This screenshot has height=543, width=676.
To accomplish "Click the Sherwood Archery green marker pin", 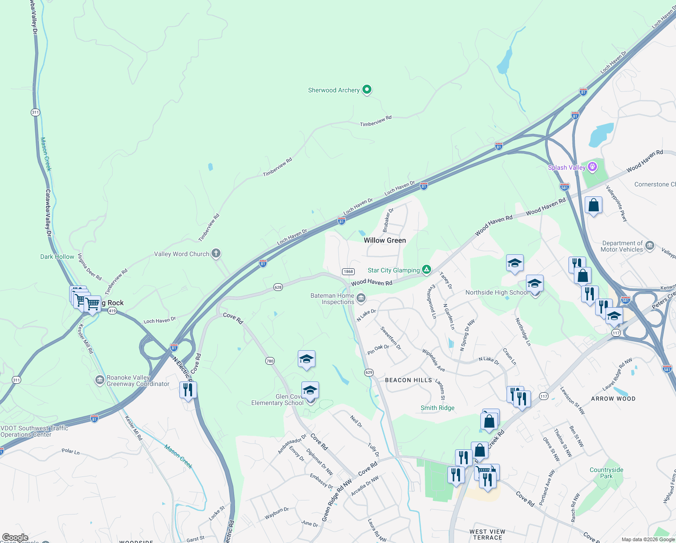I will click(x=367, y=90).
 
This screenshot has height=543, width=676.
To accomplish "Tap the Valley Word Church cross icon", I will click(x=216, y=253).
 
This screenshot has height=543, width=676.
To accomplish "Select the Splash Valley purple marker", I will click(x=592, y=167).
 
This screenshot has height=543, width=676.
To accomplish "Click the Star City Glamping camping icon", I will click(x=426, y=270).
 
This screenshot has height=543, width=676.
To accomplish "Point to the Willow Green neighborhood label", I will click(x=385, y=240).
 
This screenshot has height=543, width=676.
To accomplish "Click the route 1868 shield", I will click(x=348, y=271).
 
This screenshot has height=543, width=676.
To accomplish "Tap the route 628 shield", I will click(x=278, y=287).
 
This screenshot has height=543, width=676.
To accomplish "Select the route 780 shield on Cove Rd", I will click(x=270, y=361).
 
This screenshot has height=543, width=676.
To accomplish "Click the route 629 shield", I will click(x=369, y=372).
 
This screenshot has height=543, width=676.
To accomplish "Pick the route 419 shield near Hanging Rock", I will click(x=113, y=311).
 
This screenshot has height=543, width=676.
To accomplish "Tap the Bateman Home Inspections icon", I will click(x=361, y=298).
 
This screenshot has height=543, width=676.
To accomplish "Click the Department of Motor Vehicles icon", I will click(x=650, y=246).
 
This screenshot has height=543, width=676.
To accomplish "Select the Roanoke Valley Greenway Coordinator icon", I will click(x=100, y=380).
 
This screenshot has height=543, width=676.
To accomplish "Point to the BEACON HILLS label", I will click(x=408, y=380).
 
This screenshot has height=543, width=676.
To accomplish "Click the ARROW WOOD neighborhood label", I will click(x=613, y=399).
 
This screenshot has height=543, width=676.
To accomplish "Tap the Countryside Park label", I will click(x=606, y=473).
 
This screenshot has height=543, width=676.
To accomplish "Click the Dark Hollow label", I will click(x=57, y=257).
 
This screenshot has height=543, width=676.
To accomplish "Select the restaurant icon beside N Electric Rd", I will click(x=188, y=390).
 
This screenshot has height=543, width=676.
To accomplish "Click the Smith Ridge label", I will click(x=437, y=408).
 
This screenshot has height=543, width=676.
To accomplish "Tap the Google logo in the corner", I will click(x=15, y=538).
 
